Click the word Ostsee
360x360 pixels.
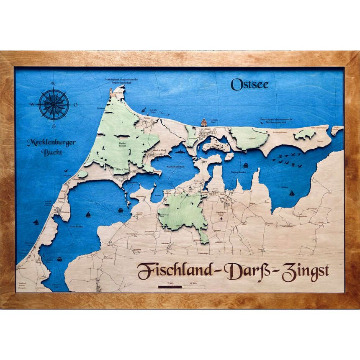click(249, 85)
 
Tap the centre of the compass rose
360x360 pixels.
click(54, 104)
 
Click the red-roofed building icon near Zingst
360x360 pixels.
click(204, 122)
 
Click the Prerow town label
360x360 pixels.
click(147, 119)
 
